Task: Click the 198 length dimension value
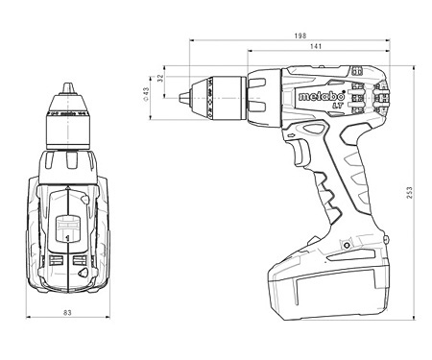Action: (301, 35)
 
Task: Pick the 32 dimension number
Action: (160, 82)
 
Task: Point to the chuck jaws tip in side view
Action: (184, 94)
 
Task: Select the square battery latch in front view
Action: (66, 229)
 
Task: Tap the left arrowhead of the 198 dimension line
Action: (192, 41)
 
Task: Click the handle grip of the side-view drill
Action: (331, 192)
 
